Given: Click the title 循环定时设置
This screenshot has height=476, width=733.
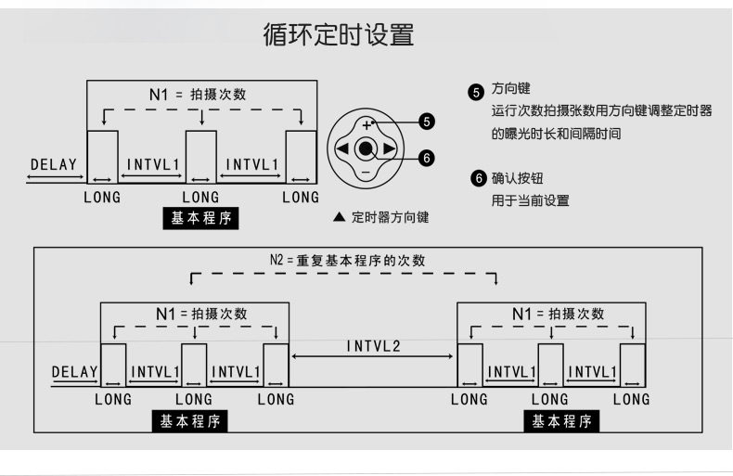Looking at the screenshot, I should point(338,36).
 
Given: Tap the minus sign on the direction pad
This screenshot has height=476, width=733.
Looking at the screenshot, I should point(366,172).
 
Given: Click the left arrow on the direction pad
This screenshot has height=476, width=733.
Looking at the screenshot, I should point(342,148).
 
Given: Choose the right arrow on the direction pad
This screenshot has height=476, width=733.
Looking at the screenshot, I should point(390,148).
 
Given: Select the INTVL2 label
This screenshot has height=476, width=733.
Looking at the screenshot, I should point(374,346).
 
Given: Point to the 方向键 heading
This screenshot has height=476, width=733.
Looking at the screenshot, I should point(510,89).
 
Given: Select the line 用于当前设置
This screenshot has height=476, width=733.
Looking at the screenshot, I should point(530,200).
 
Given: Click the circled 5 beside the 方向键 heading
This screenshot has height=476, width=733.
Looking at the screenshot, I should point(477,91).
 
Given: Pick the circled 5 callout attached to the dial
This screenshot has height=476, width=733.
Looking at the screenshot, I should point(426,122).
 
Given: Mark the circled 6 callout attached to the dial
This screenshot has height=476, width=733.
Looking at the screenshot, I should point(426,158).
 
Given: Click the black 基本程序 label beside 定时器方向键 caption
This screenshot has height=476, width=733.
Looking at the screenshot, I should point(201,219).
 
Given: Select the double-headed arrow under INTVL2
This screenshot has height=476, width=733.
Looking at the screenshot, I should point(373,358).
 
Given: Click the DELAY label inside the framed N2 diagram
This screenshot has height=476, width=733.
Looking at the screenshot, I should point(74,372).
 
